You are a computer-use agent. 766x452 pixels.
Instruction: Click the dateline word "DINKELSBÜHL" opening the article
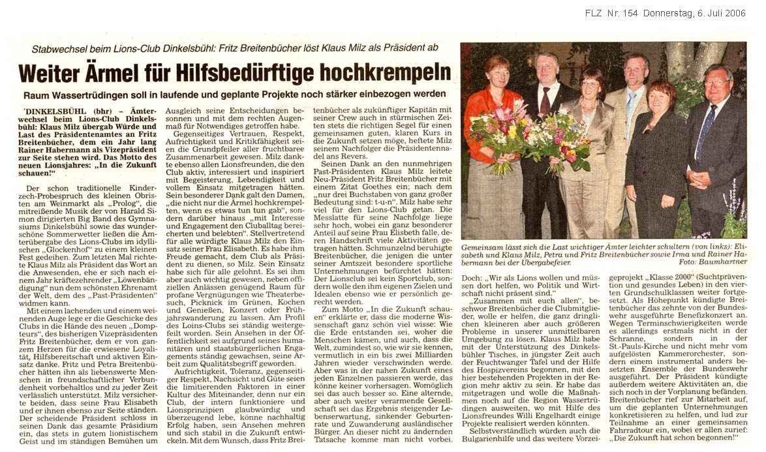50,112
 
